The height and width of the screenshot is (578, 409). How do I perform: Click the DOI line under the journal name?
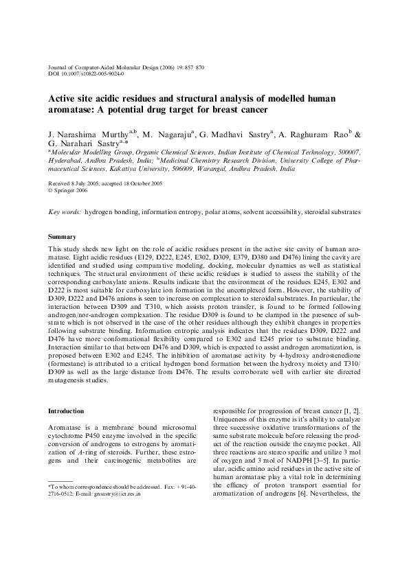coord(86,74)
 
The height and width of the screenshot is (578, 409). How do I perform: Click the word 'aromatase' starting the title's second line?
coord(71,110)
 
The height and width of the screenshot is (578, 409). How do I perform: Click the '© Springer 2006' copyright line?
coord(67,190)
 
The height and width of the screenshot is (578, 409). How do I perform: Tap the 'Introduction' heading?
coord(66,411)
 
